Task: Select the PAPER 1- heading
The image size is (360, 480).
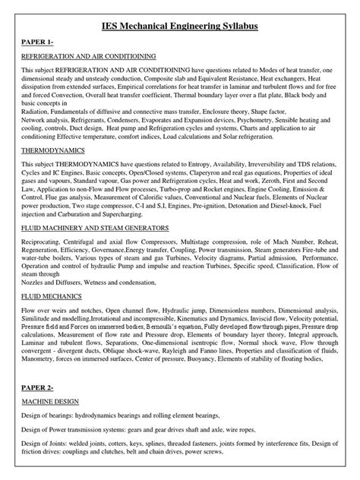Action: [37, 43]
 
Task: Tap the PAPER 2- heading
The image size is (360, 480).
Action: [37, 387]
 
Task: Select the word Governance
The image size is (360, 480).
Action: [106, 248]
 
